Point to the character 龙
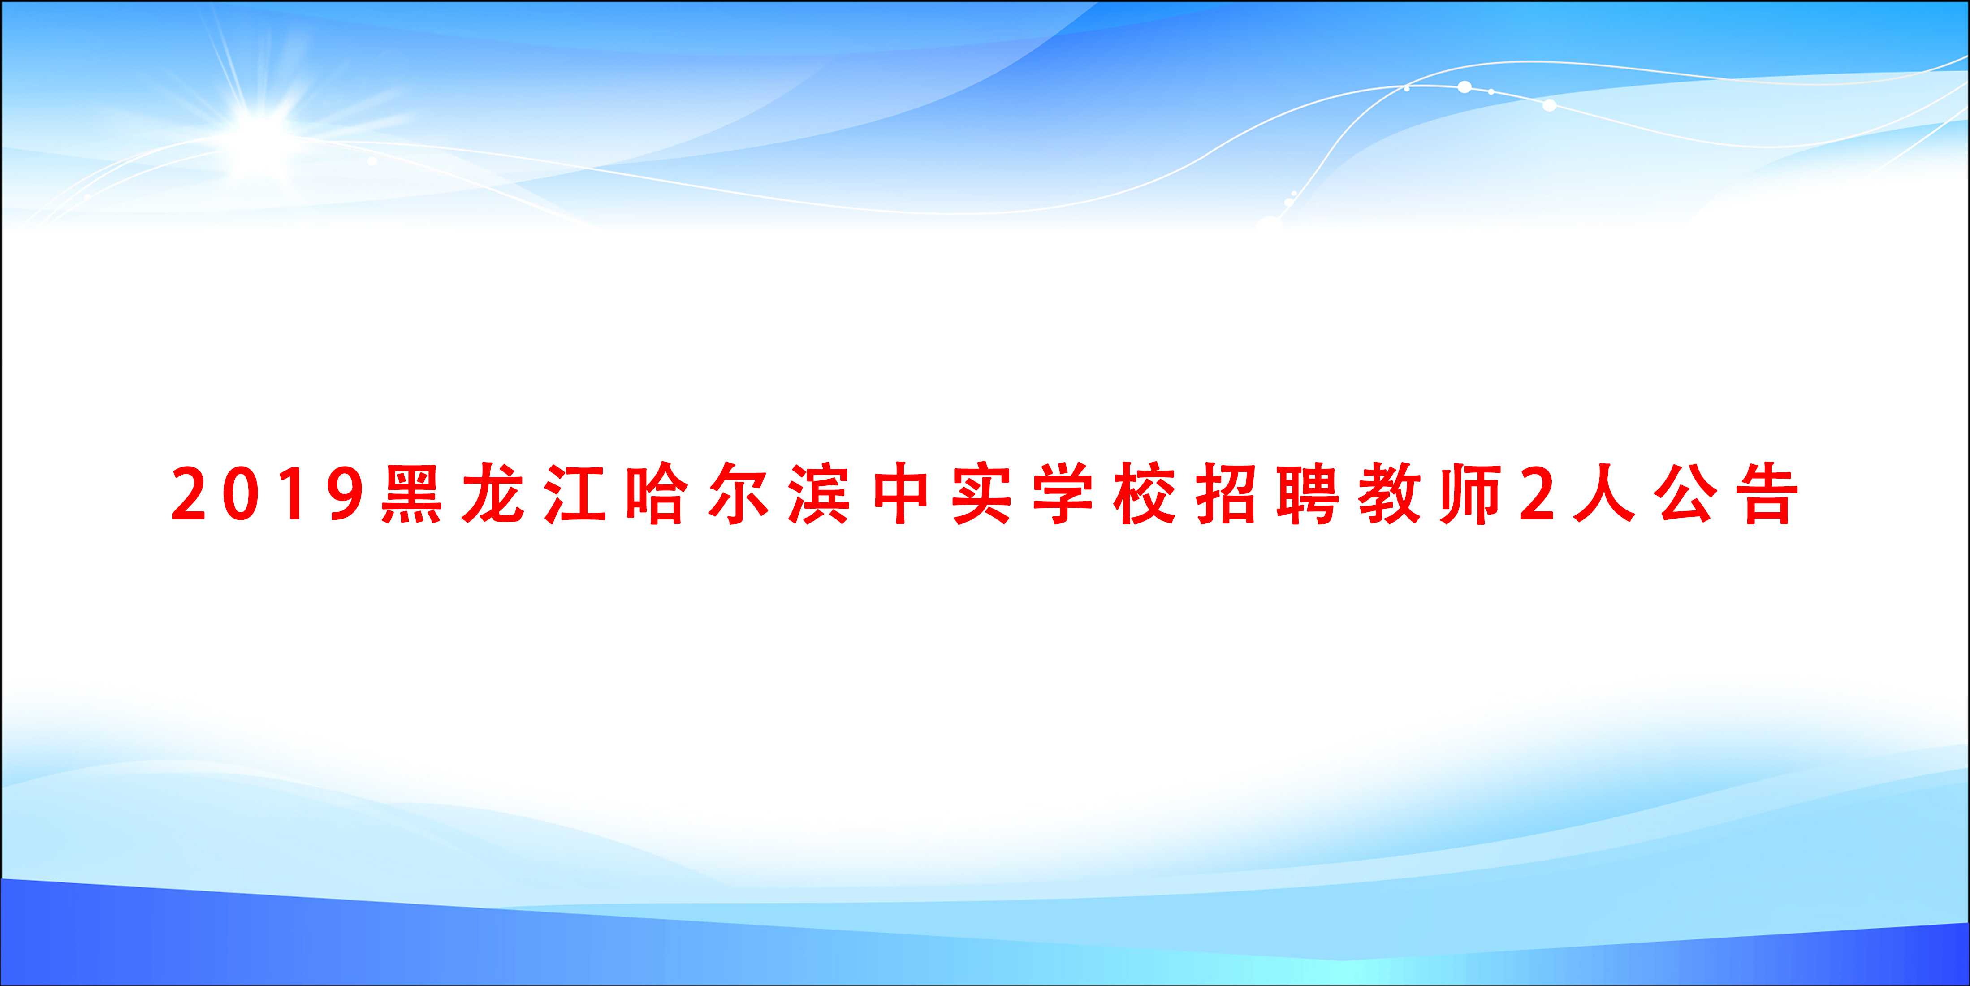pyautogui.click(x=493, y=493)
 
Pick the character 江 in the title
pyautogui.click(x=575, y=493)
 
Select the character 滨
pyautogui.click(x=819, y=493)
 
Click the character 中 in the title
pyautogui.click(x=901, y=493)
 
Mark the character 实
pyautogui.click(x=982, y=493)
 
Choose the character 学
pyautogui.click(x=1063, y=493)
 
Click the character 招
pyautogui.click(x=1226, y=493)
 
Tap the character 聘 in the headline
pyautogui.click(x=1308, y=493)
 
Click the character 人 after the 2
pyautogui.click(x=1604, y=493)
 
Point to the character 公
pyautogui.click(x=1685, y=493)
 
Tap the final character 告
pyautogui.click(x=1767, y=493)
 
